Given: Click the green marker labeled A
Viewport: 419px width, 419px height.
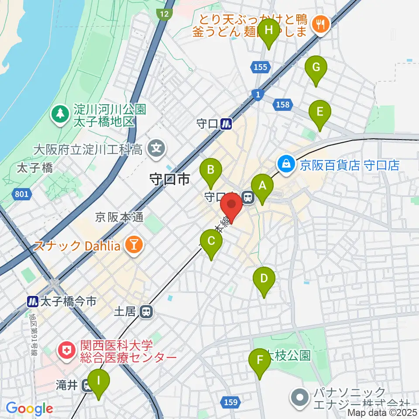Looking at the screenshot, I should click(x=262, y=186).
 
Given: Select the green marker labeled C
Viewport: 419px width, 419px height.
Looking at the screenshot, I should click(x=211, y=241).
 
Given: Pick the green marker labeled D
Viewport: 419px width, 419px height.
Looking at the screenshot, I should click(x=264, y=279).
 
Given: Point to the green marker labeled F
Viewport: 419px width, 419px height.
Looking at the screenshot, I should click(x=260, y=361).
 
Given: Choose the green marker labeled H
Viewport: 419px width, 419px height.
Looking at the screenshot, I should click(x=269, y=30).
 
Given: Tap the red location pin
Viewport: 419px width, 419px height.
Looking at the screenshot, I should click(x=231, y=206).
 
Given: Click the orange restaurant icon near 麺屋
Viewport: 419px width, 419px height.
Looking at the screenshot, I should click(x=321, y=24).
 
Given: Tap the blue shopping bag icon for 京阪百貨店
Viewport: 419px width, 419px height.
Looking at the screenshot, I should click(x=285, y=165).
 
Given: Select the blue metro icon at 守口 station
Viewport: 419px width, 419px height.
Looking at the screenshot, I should click(x=226, y=124).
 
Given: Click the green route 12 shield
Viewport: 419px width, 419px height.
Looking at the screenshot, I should click(x=164, y=14).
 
